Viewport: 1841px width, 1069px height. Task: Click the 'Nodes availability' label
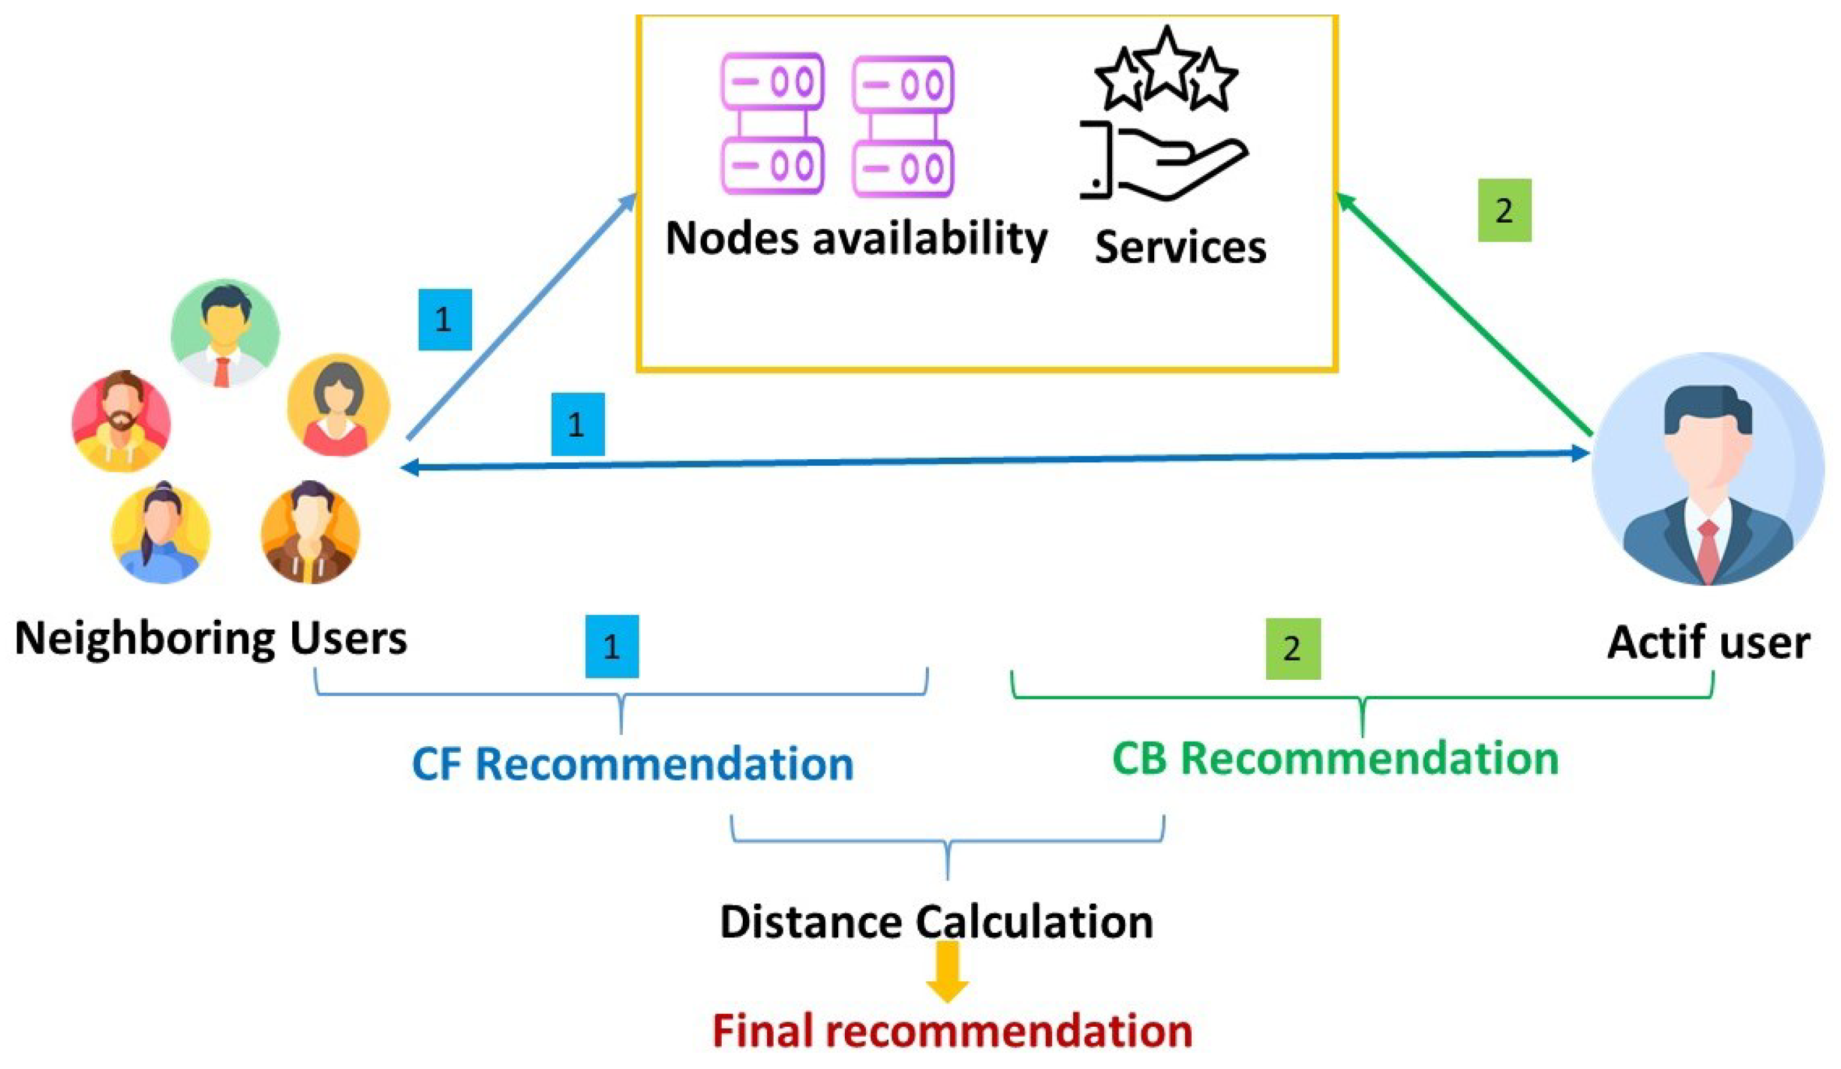[x=856, y=240]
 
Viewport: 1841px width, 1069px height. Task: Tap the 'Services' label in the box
[x=1180, y=247]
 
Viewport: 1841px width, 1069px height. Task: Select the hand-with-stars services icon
[x=1163, y=117]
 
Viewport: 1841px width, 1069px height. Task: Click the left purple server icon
[x=772, y=124]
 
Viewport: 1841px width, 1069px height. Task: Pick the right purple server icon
[x=903, y=126]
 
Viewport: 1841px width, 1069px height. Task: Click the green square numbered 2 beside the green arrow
[x=1505, y=210]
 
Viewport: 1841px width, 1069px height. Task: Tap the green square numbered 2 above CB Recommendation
[x=1293, y=648]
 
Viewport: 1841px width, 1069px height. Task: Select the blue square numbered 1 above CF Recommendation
[x=612, y=646]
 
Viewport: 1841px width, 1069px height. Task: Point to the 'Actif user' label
[x=1708, y=643]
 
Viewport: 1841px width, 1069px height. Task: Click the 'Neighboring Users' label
[x=211, y=639]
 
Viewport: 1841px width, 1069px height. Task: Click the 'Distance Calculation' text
[x=936, y=922]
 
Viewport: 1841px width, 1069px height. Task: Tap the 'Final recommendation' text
[x=952, y=1031]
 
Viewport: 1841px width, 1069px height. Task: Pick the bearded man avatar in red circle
[x=121, y=421]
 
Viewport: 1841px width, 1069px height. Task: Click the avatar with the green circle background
[x=225, y=333]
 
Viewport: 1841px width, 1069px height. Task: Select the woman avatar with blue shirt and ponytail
[x=161, y=534]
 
